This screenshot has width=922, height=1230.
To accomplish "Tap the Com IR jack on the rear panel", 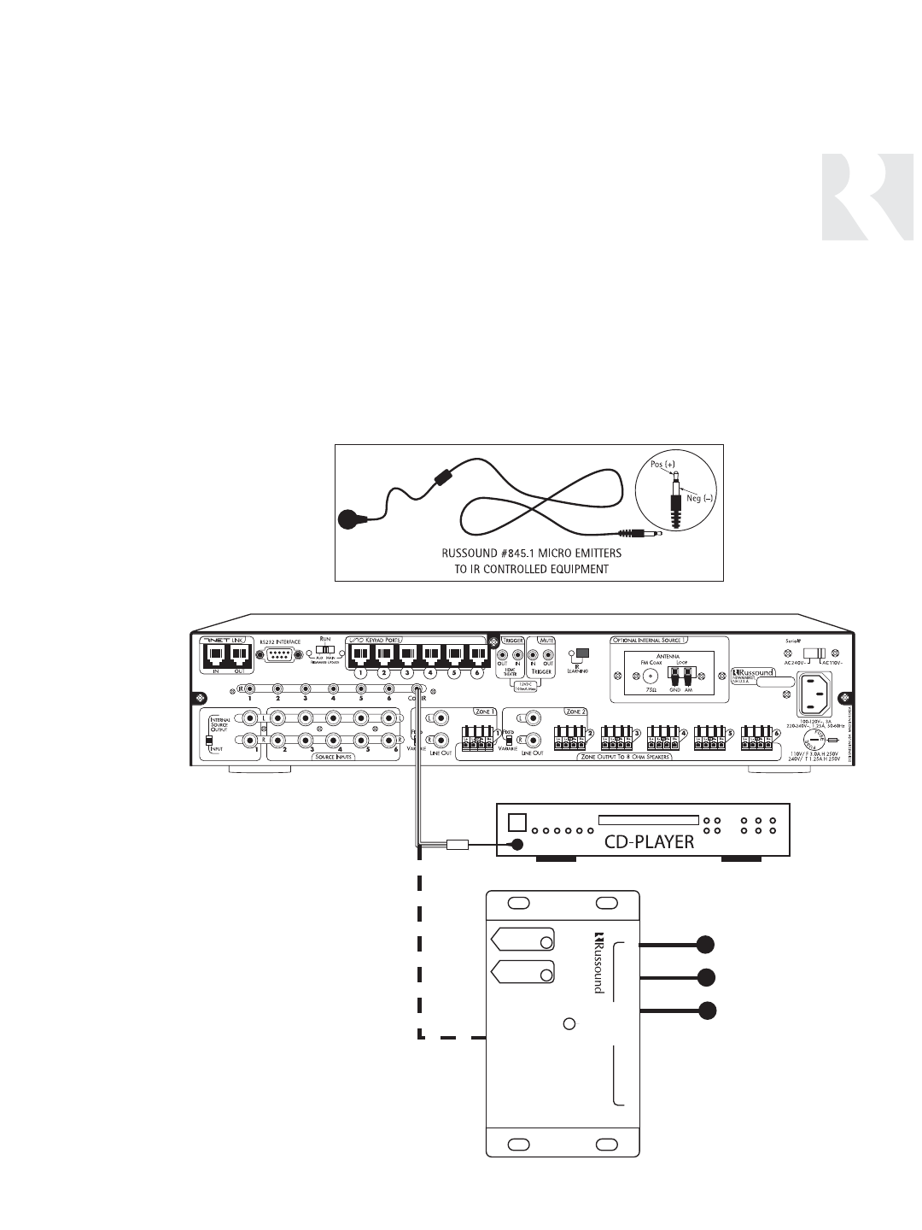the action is point(417,689).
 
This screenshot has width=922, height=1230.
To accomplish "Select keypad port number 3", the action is point(406,656).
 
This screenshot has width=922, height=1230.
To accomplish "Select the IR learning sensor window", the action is point(583,653).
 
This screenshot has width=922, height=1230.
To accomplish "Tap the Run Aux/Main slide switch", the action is point(325,650).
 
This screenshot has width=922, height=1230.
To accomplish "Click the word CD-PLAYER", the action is point(649,841).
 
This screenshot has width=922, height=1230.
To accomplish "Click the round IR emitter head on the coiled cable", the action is point(350,518).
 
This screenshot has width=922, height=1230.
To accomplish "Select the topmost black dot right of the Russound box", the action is point(704,944).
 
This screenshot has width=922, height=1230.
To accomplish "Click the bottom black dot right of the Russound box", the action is point(704,1011).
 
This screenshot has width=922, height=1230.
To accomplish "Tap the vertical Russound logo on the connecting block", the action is point(598,962).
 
